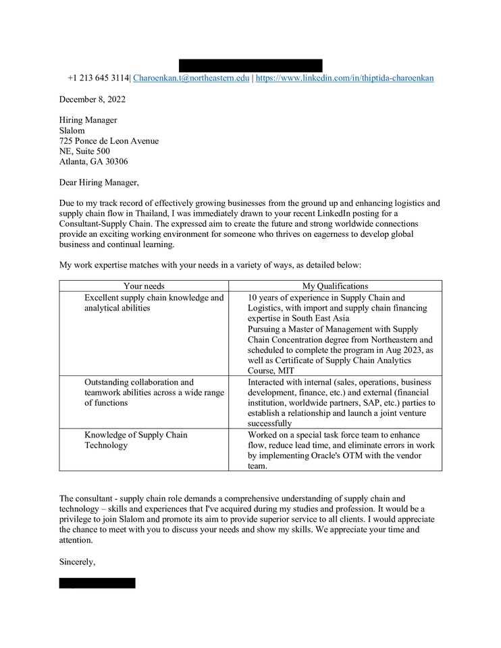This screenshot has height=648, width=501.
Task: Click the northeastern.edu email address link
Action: pos(191,78)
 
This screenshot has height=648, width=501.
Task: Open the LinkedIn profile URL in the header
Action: pos(344,78)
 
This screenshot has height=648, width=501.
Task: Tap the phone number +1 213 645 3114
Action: pos(98,78)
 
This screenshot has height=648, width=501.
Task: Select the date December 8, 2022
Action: pos(92,99)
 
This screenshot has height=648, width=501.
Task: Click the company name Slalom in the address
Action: pos(72,130)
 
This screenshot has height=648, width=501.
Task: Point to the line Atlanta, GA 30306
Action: pos(93,162)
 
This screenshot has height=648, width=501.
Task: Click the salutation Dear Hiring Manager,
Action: pos(99,182)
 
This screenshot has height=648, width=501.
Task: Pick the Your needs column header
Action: pos(144,286)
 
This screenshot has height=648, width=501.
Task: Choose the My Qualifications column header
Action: pos(335,286)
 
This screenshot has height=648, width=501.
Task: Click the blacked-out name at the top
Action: pos(250,65)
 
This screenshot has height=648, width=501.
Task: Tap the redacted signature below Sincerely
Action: pos(97,583)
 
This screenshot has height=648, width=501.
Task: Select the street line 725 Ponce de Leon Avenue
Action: pos(109,141)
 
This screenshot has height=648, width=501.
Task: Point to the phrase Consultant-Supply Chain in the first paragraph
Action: pos(104,223)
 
